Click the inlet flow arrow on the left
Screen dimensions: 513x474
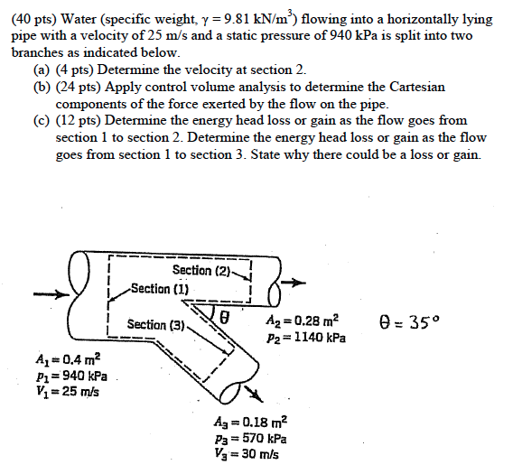[47, 294]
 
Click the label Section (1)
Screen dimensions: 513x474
[160, 289]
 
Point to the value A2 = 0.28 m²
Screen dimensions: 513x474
[303, 321]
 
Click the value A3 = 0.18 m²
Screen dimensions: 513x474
[250, 422]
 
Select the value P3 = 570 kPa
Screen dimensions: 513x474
[250, 438]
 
